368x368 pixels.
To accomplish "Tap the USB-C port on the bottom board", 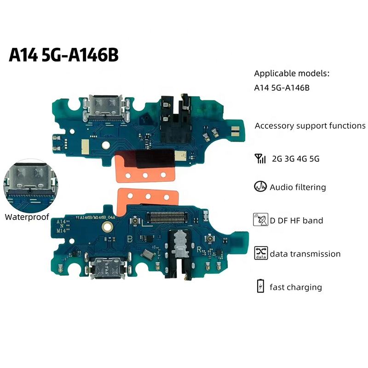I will click(x=105, y=267).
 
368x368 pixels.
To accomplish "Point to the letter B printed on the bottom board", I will click(x=130, y=239).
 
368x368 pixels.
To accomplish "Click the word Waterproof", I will click(x=26, y=217).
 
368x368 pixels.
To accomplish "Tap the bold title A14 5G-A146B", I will click(x=64, y=55).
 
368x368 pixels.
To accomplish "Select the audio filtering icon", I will click(x=260, y=187).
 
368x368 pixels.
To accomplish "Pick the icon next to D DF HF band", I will click(x=260, y=220).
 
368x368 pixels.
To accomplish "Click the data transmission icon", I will click(x=260, y=253).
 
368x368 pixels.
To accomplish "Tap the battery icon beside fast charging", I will click(x=260, y=286).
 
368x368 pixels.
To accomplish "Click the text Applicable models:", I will click(x=292, y=74).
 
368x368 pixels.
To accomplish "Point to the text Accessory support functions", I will click(x=310, y=126).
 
